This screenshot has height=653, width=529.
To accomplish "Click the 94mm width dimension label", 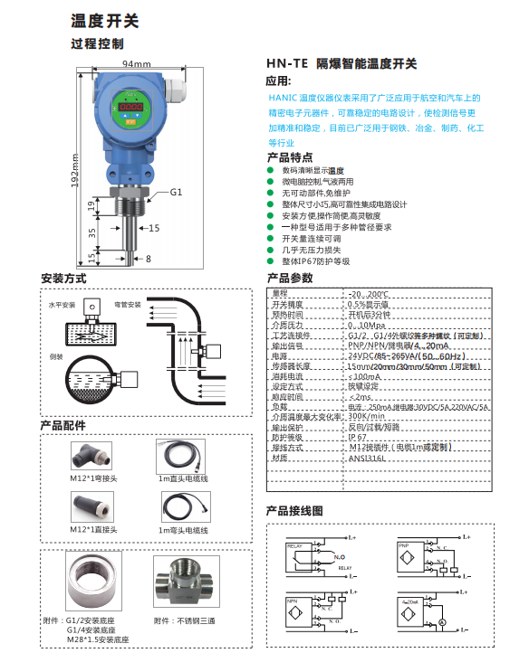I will pyautogui.click(x=136, y=63).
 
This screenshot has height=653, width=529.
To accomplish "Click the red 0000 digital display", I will pyautogui.click(x=130, y=107).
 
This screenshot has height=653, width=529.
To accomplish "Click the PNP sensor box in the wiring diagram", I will pyautogui.click(x=405, y=553).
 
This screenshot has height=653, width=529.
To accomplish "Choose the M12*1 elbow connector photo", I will pyautogui.click(x=90, y=452).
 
